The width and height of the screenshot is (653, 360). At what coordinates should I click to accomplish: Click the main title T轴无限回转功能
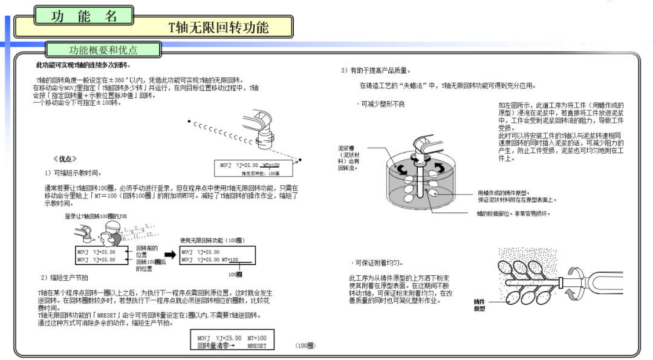[x=218, y=27]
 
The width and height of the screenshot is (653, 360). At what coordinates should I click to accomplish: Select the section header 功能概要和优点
[x=103, y=50]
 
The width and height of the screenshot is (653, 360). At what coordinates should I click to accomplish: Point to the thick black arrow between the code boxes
[x=169, y=255]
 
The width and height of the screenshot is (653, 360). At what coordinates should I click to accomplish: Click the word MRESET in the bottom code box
[x=257, y=346]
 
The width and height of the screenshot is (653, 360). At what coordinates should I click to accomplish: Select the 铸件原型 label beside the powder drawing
[x=479, y=305]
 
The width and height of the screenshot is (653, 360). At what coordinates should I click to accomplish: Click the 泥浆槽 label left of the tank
[x=349, y=148]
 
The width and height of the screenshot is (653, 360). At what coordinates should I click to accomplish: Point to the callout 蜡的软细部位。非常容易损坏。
[x=513, y=214]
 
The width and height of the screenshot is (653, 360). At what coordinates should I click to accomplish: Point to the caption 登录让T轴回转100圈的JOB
[x=96, y=216]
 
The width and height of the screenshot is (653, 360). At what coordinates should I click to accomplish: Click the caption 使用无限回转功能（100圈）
[x=216, y=240]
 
